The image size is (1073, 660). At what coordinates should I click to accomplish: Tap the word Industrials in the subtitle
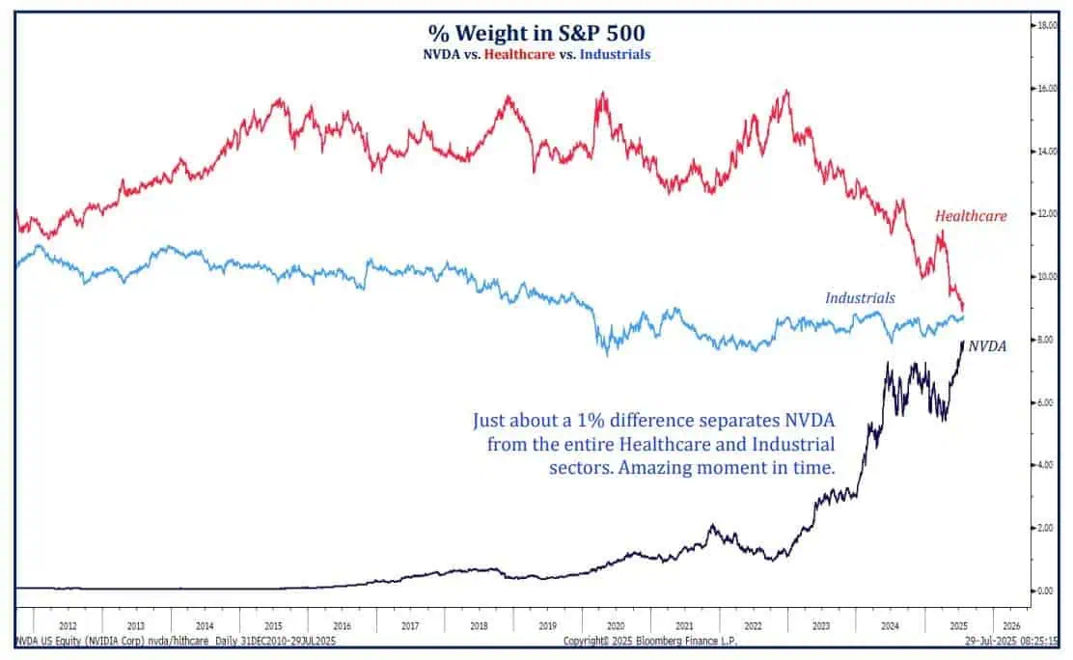tap(613, 55)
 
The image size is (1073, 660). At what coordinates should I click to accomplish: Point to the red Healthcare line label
tap(970, 216)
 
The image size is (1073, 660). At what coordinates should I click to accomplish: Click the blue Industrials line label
tap(860, 298)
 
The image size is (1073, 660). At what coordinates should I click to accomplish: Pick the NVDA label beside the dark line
tap(987, 345)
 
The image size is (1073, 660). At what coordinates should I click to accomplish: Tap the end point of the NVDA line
tap(962, 342)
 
